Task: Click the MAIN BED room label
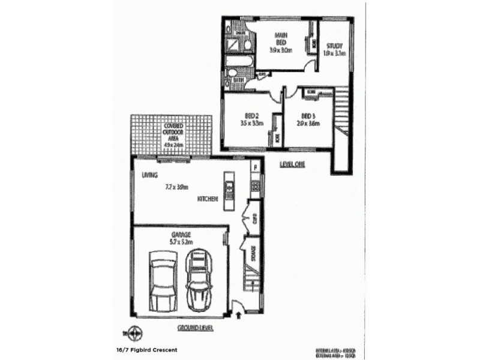[x=280, y=38]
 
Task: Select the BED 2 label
[x=252, y=116]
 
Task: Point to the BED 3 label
[x=308, y=116]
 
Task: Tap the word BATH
[x=238, y=79]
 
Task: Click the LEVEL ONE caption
[x=292, y=163]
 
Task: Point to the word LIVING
[x=149, y=176]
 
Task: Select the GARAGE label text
[x=180, y=235]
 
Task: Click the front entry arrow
[x=240, y=312]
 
